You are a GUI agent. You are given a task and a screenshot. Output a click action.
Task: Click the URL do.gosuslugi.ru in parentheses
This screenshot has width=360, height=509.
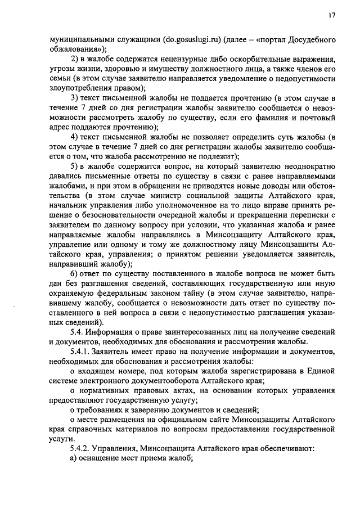(191, 40)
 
